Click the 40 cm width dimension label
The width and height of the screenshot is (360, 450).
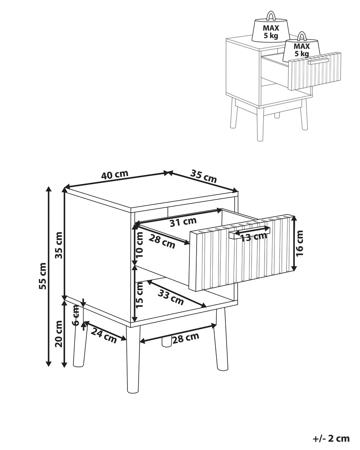tap(114, 175)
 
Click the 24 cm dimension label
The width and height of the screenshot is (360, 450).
tap(104, 336)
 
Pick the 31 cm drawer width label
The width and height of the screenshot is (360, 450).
tap(183, 222)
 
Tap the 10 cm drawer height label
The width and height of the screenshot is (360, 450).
tap(139, 245)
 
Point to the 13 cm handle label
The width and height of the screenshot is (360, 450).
tap(253, 237)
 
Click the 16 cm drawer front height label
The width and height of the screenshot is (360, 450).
tap(299, 243)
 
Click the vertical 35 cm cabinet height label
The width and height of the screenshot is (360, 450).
tap(59, 245)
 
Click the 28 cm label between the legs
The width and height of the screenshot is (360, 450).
tap(185, 338)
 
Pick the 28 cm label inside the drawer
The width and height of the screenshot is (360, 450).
tap(162, 242)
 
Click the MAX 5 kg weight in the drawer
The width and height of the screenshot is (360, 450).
tap(301, 50)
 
